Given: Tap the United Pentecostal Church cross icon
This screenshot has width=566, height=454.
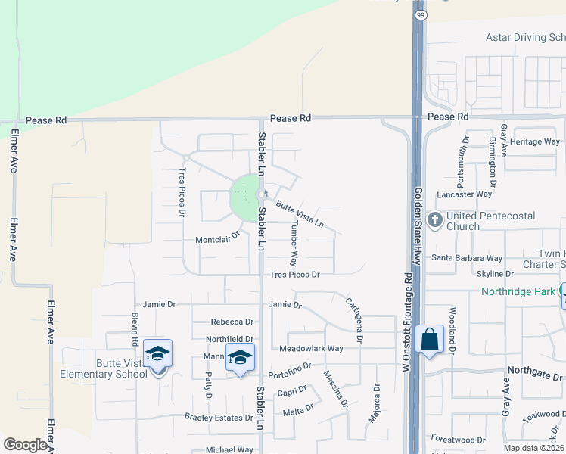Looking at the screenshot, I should (435, 220).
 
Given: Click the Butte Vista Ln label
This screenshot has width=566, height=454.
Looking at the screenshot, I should (300, 215).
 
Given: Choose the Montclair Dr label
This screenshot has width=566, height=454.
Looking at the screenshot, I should (217, 238).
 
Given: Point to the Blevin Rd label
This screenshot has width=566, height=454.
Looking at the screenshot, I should (135, 329).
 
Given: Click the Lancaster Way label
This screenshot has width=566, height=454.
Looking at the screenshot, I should (465, 194).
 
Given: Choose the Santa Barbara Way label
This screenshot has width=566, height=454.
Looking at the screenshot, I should (467, 258).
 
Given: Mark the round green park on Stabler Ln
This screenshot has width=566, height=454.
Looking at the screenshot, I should (244, 198).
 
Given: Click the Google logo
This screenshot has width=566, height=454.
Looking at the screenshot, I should (26, 445).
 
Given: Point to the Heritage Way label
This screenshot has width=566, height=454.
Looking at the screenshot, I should (534, 141).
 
